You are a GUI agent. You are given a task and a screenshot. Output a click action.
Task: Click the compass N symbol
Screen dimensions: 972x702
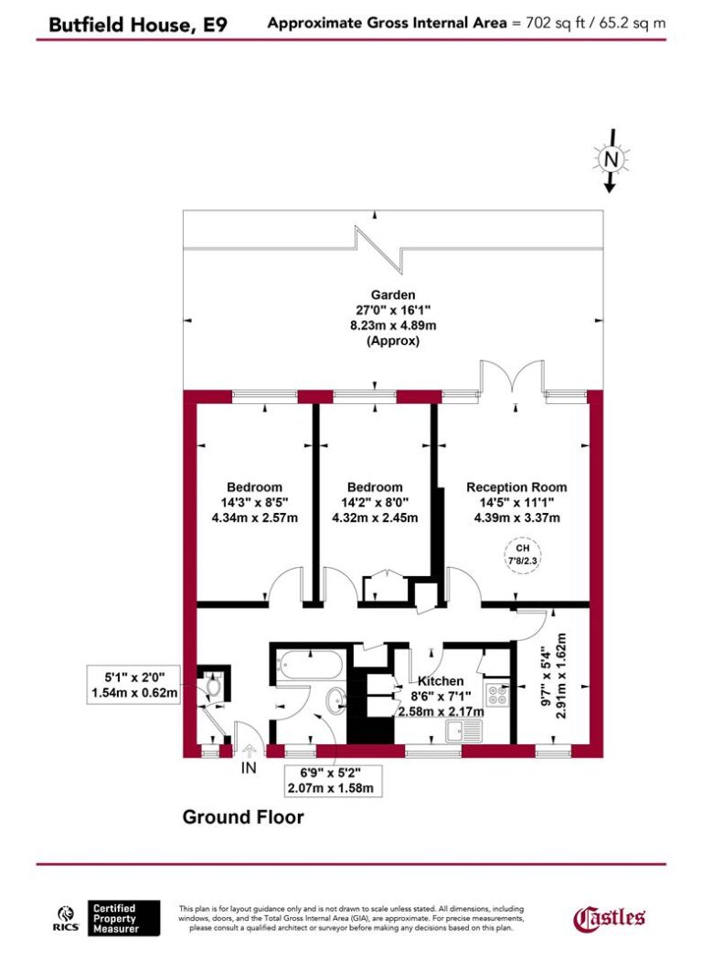[x=611, y=159]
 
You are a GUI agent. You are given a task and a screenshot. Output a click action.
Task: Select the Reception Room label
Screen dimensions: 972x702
[x=516, y=487]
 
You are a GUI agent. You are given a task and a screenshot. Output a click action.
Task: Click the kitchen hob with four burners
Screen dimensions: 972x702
[x=497, y=694]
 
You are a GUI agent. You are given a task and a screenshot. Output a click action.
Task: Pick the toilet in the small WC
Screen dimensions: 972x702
[x=213, y=686]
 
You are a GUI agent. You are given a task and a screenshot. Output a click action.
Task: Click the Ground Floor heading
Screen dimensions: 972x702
[x=243, y=817]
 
